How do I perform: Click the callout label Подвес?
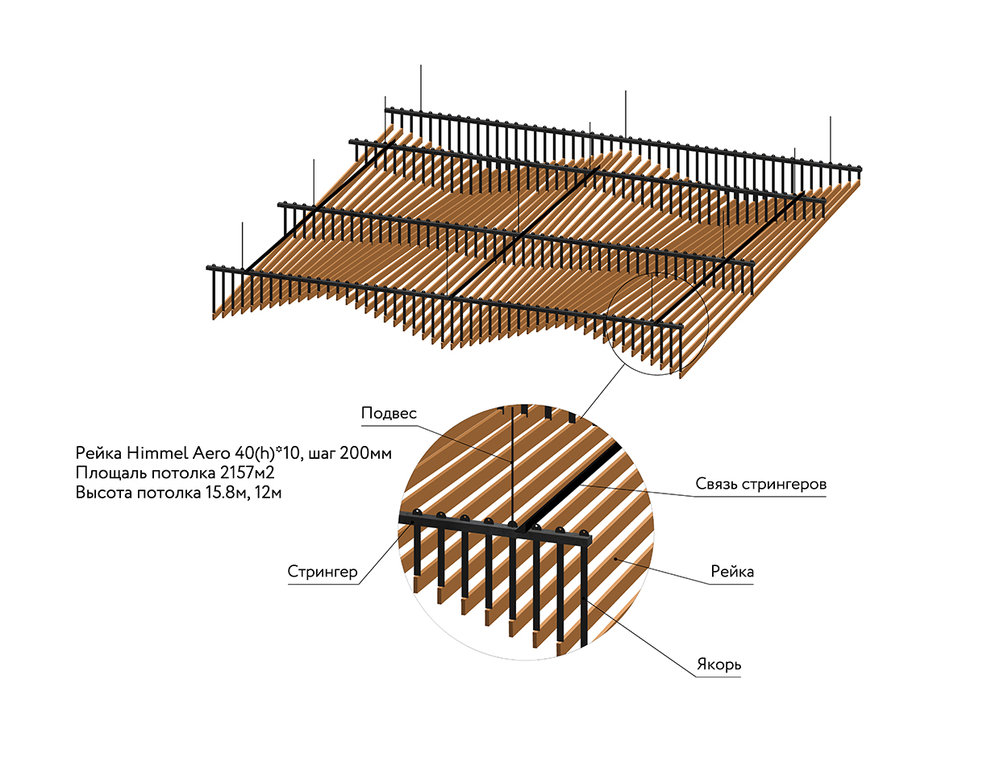point(389,414)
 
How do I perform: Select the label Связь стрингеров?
point(760,485)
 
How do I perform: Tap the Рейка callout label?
point(732,572)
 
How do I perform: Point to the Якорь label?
point(719,665)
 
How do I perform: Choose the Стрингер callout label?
point(323,572)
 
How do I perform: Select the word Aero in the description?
point(212,453)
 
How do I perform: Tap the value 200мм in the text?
point(365,453)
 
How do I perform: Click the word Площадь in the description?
point(112,473)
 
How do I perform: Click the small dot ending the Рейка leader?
point(617,557)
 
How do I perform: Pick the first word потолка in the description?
point(184,473)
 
